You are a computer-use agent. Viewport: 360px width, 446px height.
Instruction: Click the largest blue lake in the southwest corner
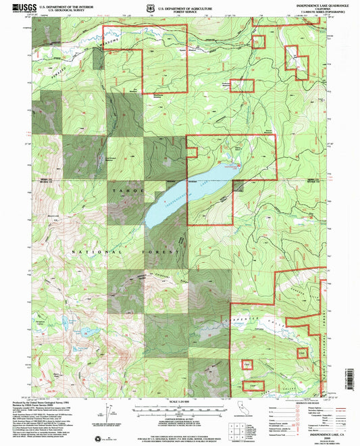tap(87, 332)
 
